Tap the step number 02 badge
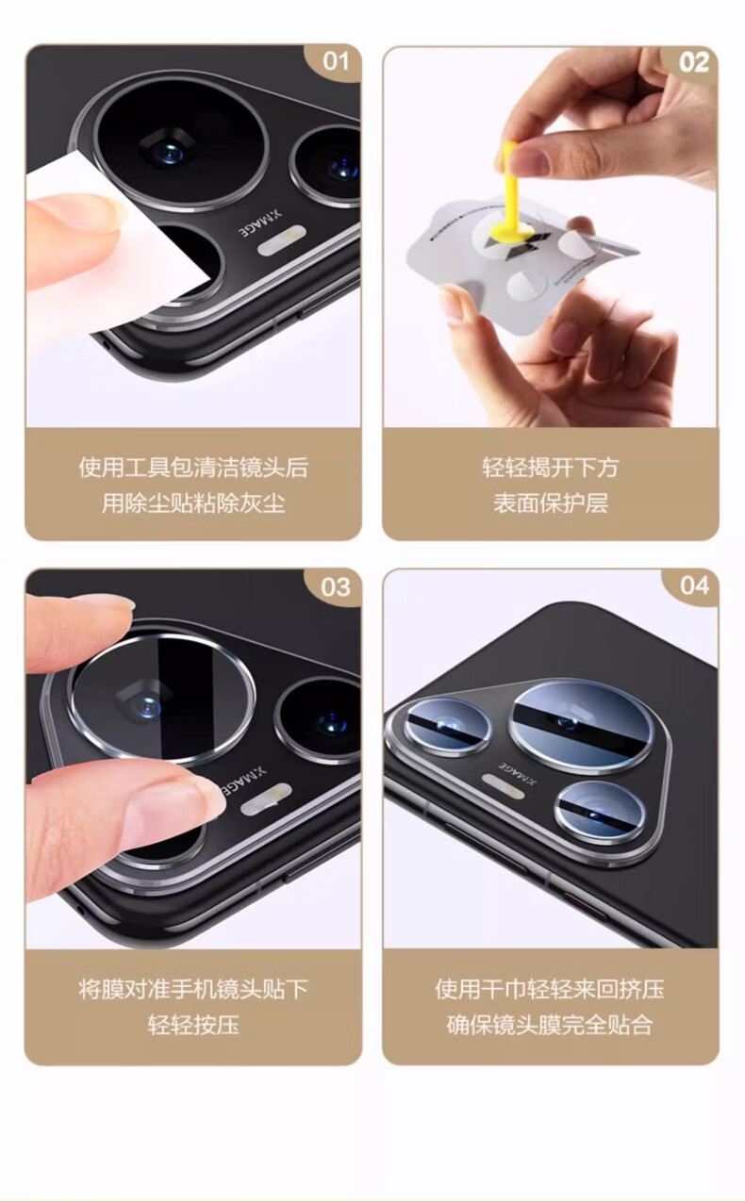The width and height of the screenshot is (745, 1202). [693, 63]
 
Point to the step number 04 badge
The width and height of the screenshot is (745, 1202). [693, 586]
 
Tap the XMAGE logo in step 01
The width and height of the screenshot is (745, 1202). [260, 222]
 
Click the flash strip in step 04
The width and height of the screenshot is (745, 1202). [504, 785]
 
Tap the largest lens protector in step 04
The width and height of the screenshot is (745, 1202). [582, 728]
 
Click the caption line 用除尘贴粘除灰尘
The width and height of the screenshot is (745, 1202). [193, 502]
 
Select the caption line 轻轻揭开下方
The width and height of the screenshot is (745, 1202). [551, 468]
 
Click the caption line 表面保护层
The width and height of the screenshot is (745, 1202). [551, 502]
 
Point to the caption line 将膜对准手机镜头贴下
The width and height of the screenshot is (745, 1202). [193, 988]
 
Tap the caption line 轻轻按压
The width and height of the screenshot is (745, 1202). [193, 1025]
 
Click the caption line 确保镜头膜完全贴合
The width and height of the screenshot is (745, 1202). [551, 1025]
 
